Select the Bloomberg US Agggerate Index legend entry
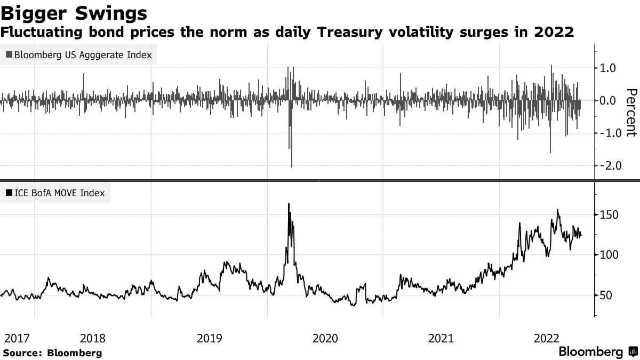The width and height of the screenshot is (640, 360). click(79, 54)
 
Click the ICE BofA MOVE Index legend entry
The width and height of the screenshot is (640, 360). click(55, 193)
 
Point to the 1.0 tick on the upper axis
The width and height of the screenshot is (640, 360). click(609, 68)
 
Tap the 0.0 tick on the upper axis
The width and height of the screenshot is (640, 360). click(609, 100)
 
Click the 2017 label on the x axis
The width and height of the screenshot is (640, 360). click(16, 338)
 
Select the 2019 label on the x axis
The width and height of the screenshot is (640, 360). click(210, 338)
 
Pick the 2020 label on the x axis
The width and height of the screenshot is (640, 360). click(325, 338)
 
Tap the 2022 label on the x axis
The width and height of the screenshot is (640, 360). click(547, 338)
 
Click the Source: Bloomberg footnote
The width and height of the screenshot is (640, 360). click(52, 353)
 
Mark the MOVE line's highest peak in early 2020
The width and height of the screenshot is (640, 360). click(289, 204)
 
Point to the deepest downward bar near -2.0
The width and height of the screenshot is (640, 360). click(292, 166)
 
